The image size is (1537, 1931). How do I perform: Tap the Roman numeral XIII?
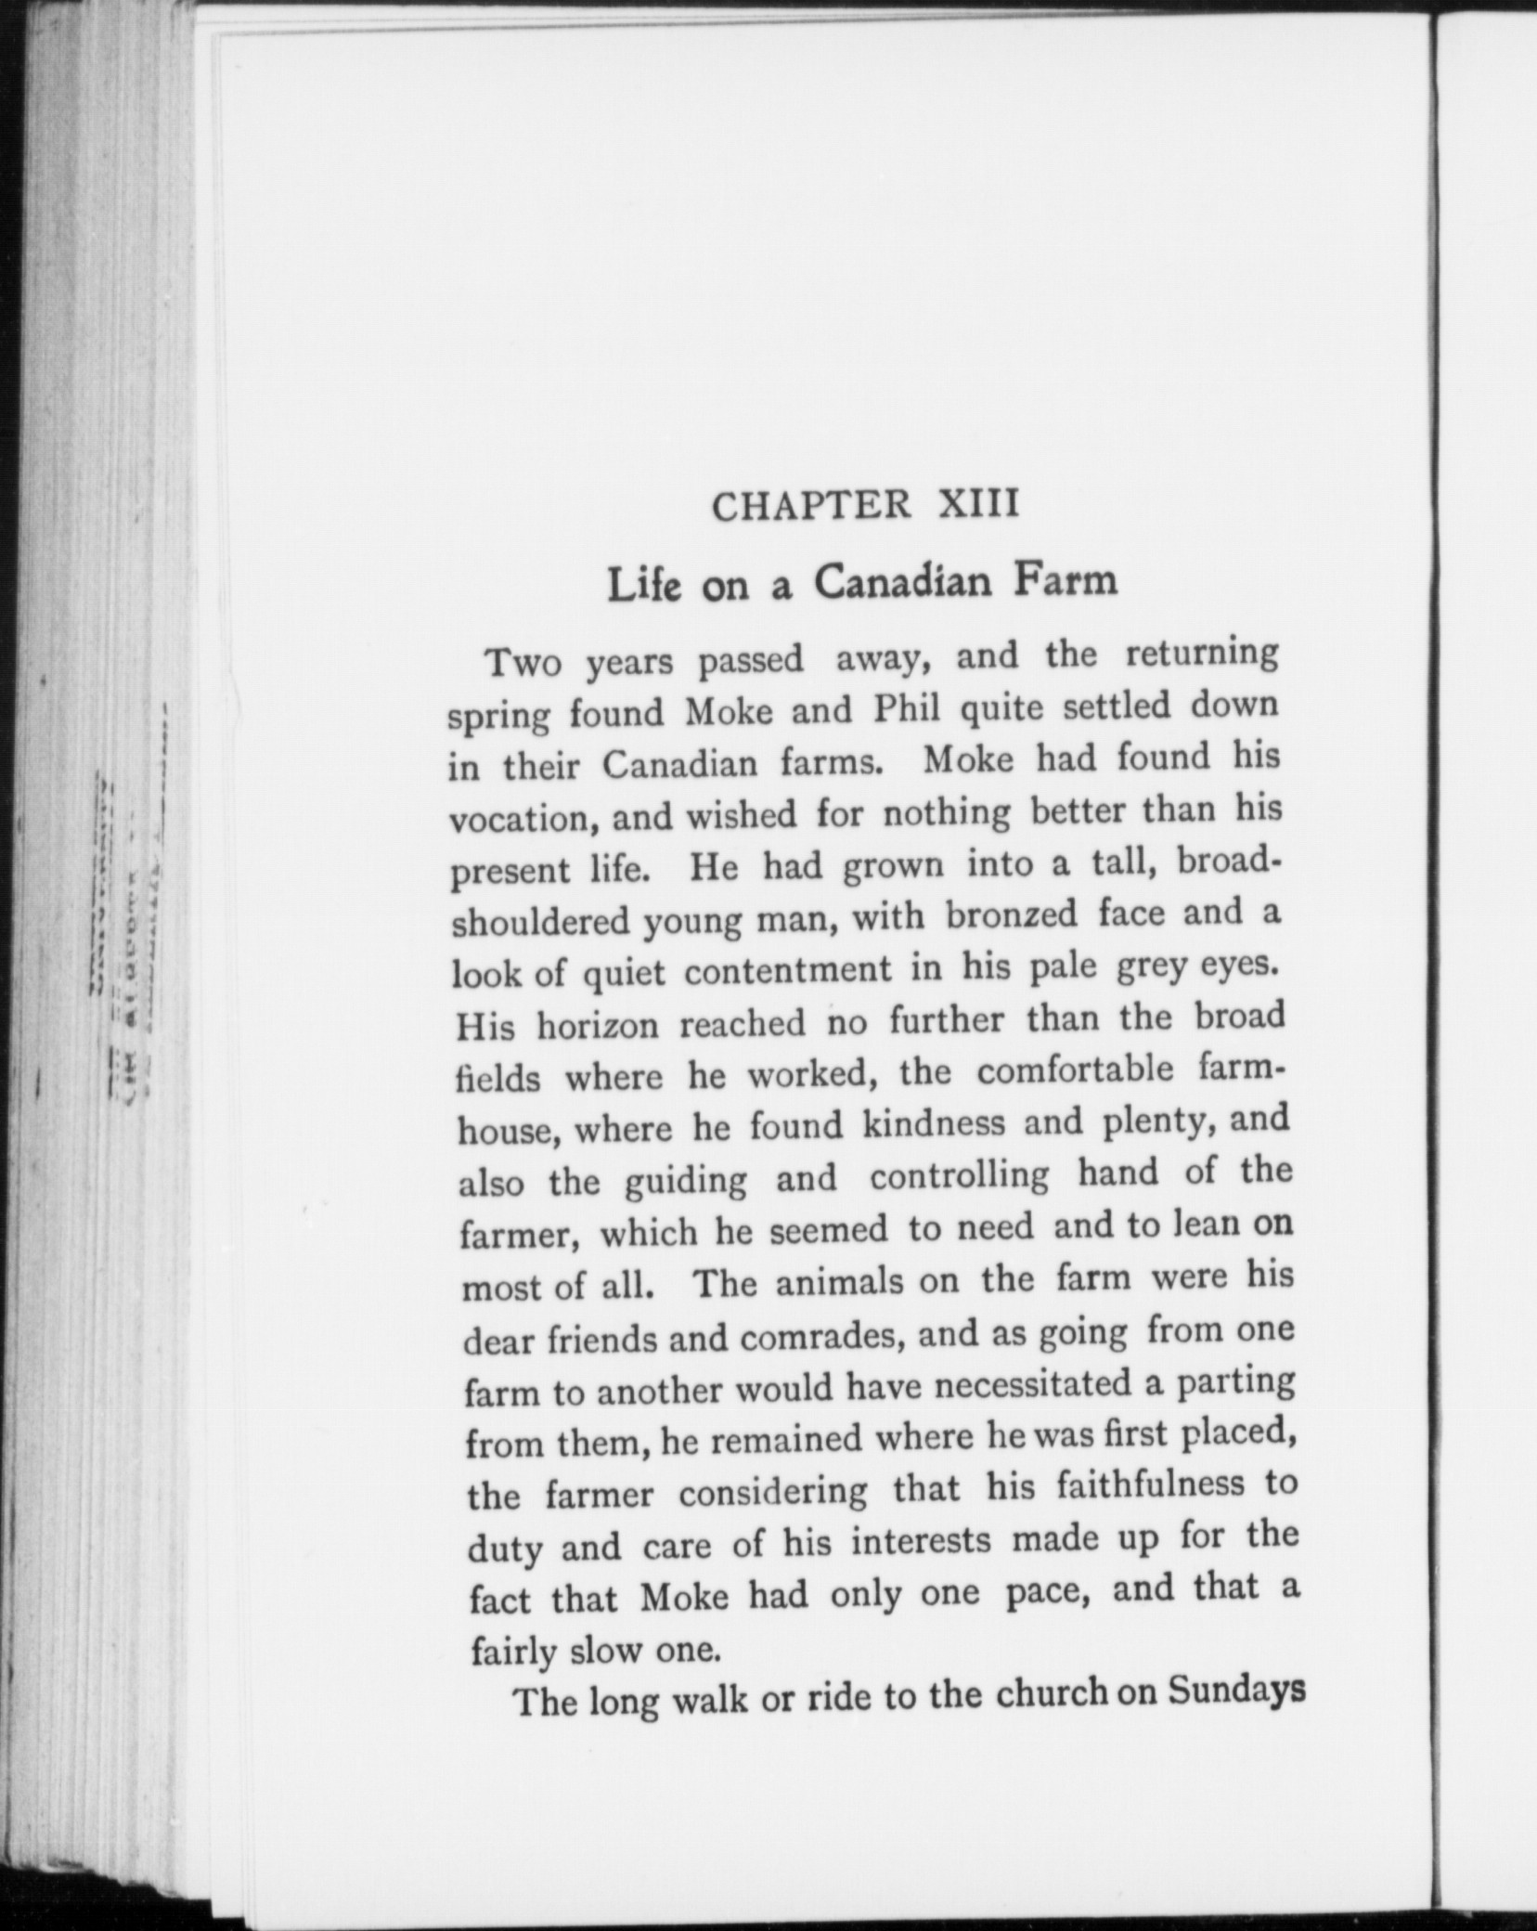pos(979,504)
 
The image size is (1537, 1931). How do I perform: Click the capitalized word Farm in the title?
pos(1066,581)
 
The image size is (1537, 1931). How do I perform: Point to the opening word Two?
pos(524,664)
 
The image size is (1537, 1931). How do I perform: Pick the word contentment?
pos(788,972)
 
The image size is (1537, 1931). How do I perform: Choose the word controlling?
pos(960,1176)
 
